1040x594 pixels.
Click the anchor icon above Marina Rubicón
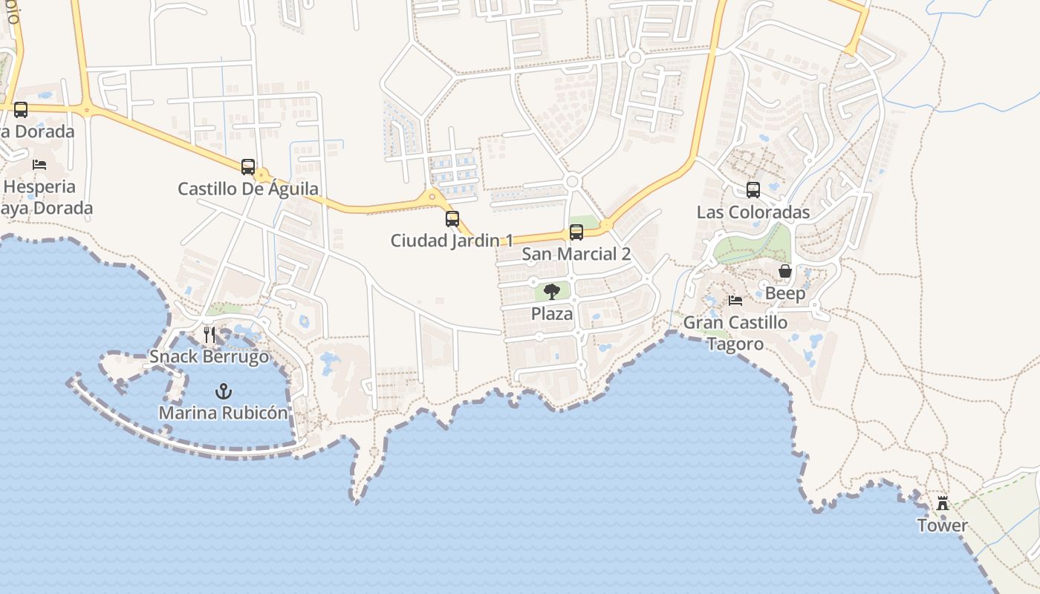(x=223, y=391)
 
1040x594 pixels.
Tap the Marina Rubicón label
(x=224, y=413)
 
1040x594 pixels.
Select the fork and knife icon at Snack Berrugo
(x=209, y=335)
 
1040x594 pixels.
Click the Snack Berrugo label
(x=209, y=356)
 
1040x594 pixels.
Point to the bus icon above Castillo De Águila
(x=248, y=167)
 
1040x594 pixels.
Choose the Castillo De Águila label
(x=248, y=189)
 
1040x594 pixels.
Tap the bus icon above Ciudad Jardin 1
(x=452, y=219)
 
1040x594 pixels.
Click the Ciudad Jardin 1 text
(x=452, y=241)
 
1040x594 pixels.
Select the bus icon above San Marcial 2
(x=576, y=232)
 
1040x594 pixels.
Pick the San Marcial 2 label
(x=576, y=254)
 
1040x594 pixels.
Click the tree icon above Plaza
(x=551, y=292)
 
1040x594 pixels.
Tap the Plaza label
(x=552, y=313)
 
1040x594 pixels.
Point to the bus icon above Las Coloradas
(x=753, y=190)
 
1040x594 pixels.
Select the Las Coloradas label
(x=753, y=212)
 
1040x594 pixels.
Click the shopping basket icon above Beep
(x=785, y=272)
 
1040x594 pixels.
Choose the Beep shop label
(x=785, y=293)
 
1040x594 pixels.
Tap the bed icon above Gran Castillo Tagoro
(x=735, y=301)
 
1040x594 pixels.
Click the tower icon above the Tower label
(x=943, y=504)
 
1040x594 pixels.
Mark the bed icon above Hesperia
(x=39, y=165)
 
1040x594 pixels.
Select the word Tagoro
(x=735, y=345)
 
